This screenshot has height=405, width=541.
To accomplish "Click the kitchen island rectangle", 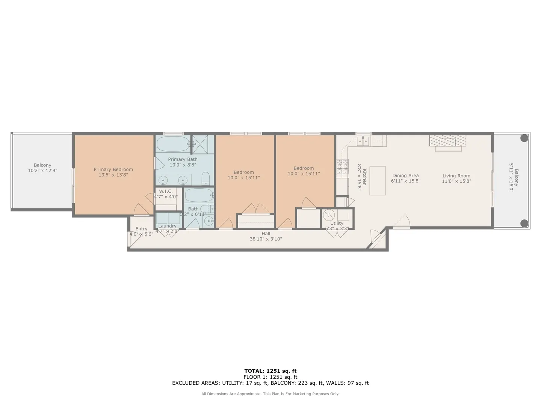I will (x=378, y=180).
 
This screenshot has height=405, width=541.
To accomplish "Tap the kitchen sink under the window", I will (x=363, y=141).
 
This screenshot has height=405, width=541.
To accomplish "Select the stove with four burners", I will (x=342, y=166).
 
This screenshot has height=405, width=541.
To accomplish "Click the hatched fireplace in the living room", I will (x=448, y=141).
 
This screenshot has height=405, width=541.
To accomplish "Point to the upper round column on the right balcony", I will (x=524, y=138).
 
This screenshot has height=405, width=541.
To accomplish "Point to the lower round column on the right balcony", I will (x=524, y=223).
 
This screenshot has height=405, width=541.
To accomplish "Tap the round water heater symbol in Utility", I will (x=329, y=215).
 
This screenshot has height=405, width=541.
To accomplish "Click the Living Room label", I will (x=456, y=176).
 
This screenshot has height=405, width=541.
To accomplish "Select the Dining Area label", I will (x=405, y=175).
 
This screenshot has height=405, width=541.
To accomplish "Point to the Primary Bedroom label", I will (x=113, y=169).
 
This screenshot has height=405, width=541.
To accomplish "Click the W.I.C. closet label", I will (x=166, y=191).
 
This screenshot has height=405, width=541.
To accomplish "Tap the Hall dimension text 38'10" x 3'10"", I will (x=266, y=239).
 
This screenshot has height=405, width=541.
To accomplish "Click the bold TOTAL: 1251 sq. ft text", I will (x=270, y=371).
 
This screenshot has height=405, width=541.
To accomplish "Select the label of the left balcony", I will (x=42, y=165).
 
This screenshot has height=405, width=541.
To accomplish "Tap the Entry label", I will (x=141, y=229).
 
